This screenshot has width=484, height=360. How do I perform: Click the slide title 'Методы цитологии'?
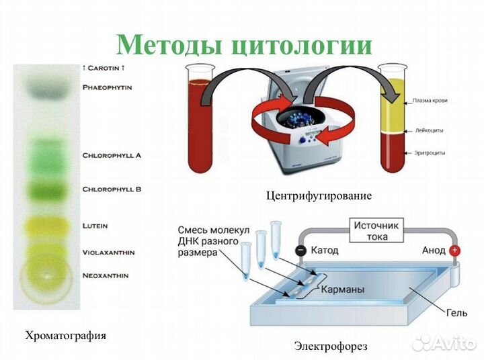click(x=244, y=45)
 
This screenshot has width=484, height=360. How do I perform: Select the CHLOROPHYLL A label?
click(x=112, y=155)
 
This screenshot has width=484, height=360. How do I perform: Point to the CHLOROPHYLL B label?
click(x=112, y=189)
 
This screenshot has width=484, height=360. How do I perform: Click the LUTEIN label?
click(x=95, y=226)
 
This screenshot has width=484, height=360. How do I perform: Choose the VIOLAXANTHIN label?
click(x=108, y=253)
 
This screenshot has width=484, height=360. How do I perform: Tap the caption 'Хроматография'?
click(x=65, y=335)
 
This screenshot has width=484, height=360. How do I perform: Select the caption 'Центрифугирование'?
click(x=319, y=196)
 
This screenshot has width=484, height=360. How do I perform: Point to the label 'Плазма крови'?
click(x=429, y=101)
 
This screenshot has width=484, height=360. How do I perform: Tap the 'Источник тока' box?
click(x=376, y=231)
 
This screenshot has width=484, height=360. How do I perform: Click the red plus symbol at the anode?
click(x=455, y=251)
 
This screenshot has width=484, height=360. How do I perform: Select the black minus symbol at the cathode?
click(x=300, y=251)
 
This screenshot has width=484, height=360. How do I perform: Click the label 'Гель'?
click(x=455, y=312)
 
